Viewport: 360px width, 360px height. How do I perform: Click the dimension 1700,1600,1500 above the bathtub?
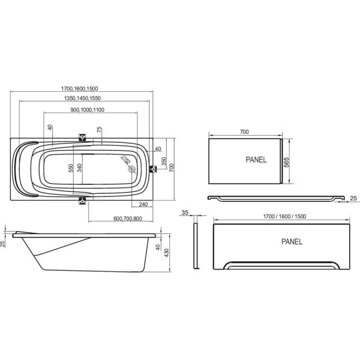point(79,88)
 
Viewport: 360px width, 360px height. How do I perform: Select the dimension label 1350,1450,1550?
point(82,98)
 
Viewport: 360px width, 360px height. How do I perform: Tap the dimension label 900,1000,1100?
point(87,110)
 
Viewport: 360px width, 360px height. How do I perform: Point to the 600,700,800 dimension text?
point(128,218)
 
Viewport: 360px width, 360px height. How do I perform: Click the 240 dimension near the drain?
point(143,204)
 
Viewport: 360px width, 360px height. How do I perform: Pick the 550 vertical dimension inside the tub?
point(71,168)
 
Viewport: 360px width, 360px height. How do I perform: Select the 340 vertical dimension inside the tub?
point(79,168)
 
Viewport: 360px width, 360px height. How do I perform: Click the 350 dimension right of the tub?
point(163,161)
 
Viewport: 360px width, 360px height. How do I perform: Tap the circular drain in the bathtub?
point(132,169)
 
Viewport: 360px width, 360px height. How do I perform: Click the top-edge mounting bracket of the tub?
point(82,137)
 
